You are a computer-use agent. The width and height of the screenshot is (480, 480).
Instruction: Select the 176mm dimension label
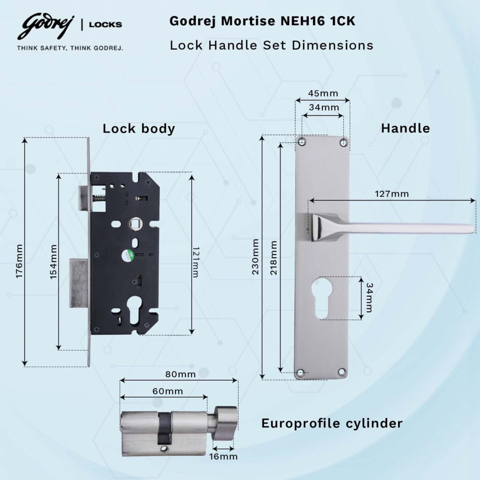coord(19,261)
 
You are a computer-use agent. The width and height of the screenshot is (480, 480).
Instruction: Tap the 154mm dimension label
coord(53,261)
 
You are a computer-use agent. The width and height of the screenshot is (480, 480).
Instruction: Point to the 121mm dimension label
coord(195,261)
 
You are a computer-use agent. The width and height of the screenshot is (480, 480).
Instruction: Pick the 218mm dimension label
coord(273,257)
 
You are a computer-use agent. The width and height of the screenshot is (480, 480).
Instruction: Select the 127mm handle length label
coord(391,193)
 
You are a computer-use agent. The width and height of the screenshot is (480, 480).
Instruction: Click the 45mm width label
coord(322,93)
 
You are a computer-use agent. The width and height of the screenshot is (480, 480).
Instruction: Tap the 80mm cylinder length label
coord(180,375)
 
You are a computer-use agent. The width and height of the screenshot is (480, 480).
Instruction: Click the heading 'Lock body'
coord(139,128)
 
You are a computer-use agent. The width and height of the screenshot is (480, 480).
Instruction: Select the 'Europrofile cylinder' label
coord(331,423)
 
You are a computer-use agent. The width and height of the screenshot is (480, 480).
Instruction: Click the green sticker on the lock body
coord(127,256)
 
